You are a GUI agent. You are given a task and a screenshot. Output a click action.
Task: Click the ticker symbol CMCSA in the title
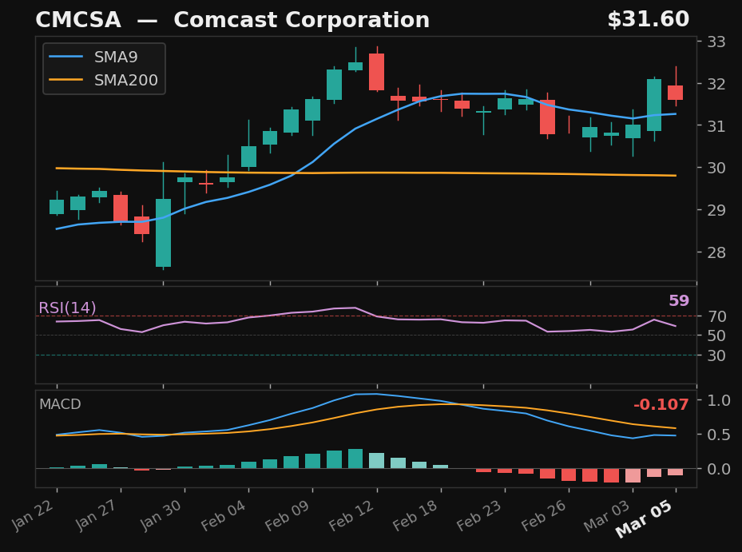tap(78, 21)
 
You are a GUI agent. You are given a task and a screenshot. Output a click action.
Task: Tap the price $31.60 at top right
tap(647, 21)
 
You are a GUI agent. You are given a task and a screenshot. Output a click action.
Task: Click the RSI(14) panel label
tap(67, 308)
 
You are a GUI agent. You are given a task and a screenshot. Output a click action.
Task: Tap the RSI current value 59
tap(678, 301)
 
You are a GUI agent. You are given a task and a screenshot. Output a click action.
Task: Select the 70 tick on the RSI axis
tap(716, 316)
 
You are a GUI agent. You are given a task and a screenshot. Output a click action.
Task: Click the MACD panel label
tap(60, 405)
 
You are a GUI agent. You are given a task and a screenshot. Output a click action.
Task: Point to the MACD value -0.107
tap(661, 406)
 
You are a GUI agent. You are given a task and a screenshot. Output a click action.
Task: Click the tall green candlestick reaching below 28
tap(163, 232)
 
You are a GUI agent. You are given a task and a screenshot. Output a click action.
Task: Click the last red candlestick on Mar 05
tap(675, 93)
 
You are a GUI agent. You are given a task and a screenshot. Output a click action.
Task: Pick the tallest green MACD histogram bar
tap(355, 459)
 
